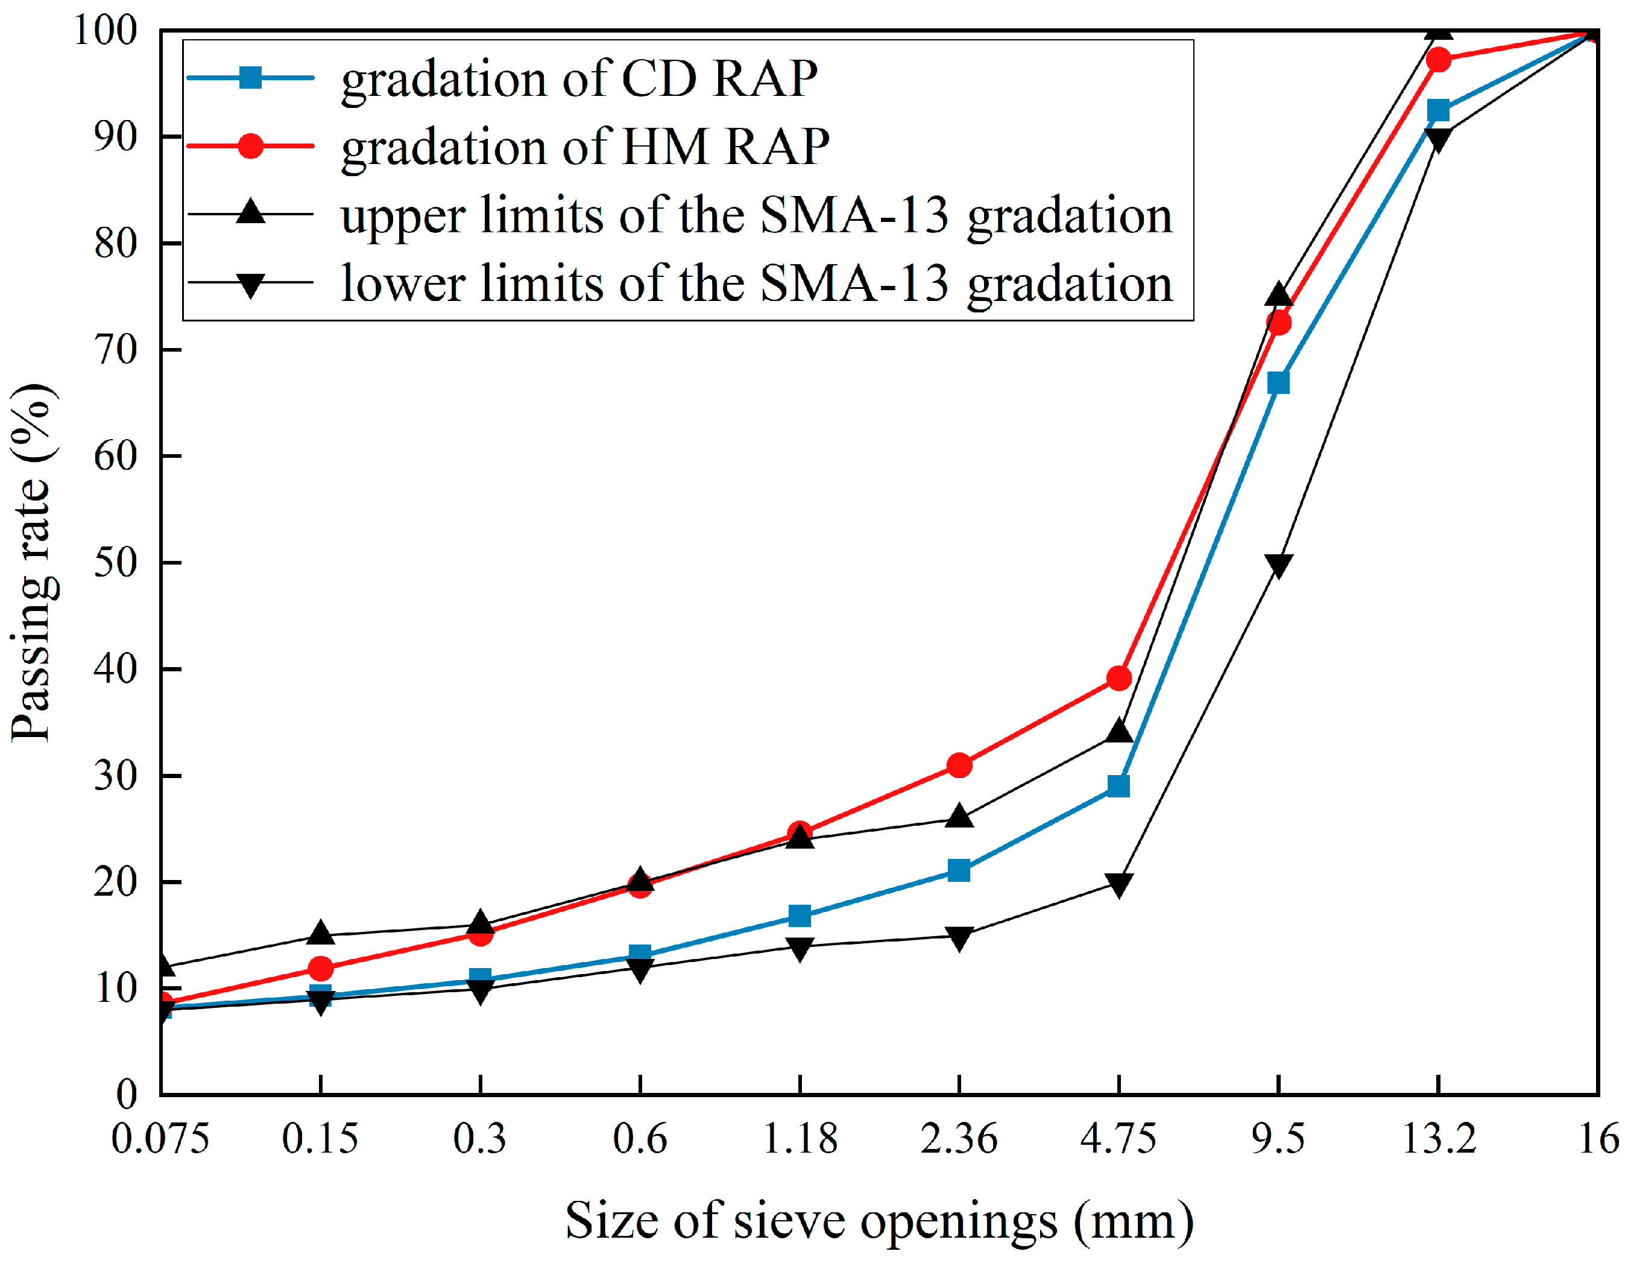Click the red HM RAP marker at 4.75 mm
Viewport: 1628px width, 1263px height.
(1119, 679)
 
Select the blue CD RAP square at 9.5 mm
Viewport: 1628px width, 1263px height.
(1278, 382)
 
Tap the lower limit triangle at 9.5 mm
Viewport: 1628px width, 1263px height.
(1278, 565)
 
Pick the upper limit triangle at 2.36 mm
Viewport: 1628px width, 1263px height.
(959, 817)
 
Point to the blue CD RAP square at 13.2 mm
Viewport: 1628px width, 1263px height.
(1438, 111)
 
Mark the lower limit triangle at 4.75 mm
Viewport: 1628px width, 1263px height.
(1119, 884)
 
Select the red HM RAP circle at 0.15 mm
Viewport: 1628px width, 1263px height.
(321, 969)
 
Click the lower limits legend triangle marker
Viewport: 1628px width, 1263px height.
(250, 284)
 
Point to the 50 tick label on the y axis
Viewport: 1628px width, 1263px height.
(116, 562)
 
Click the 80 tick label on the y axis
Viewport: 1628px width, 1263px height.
(116, 243)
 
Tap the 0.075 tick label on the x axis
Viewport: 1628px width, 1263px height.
(160, 1139)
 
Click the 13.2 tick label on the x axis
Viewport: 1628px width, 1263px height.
(1439, 1139)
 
